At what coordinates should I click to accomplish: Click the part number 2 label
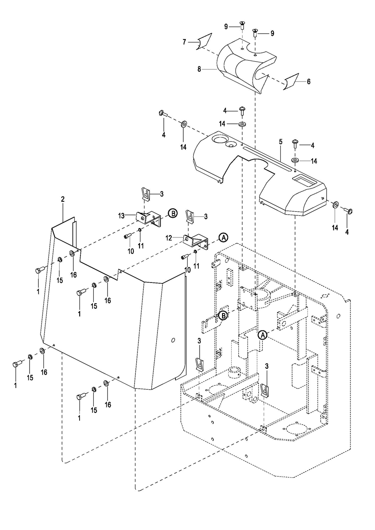pos(62,199)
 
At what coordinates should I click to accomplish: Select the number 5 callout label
pos(280,142)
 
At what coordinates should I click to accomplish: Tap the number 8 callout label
pos(199,69)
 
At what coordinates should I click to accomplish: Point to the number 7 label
pos(184,42)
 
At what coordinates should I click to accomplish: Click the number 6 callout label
pos(308,81)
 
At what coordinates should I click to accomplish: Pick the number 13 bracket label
pos(122,215)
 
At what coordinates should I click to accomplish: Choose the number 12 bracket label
pos(169,238)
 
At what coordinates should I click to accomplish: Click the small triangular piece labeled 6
pos(291,82)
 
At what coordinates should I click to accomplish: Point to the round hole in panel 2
pos(173,340)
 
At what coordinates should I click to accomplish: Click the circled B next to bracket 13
pos(173,213)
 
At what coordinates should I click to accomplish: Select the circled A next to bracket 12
pos(223,237)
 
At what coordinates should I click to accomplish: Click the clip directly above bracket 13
pos(145,194)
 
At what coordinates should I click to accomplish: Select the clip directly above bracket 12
pos(190,216)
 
